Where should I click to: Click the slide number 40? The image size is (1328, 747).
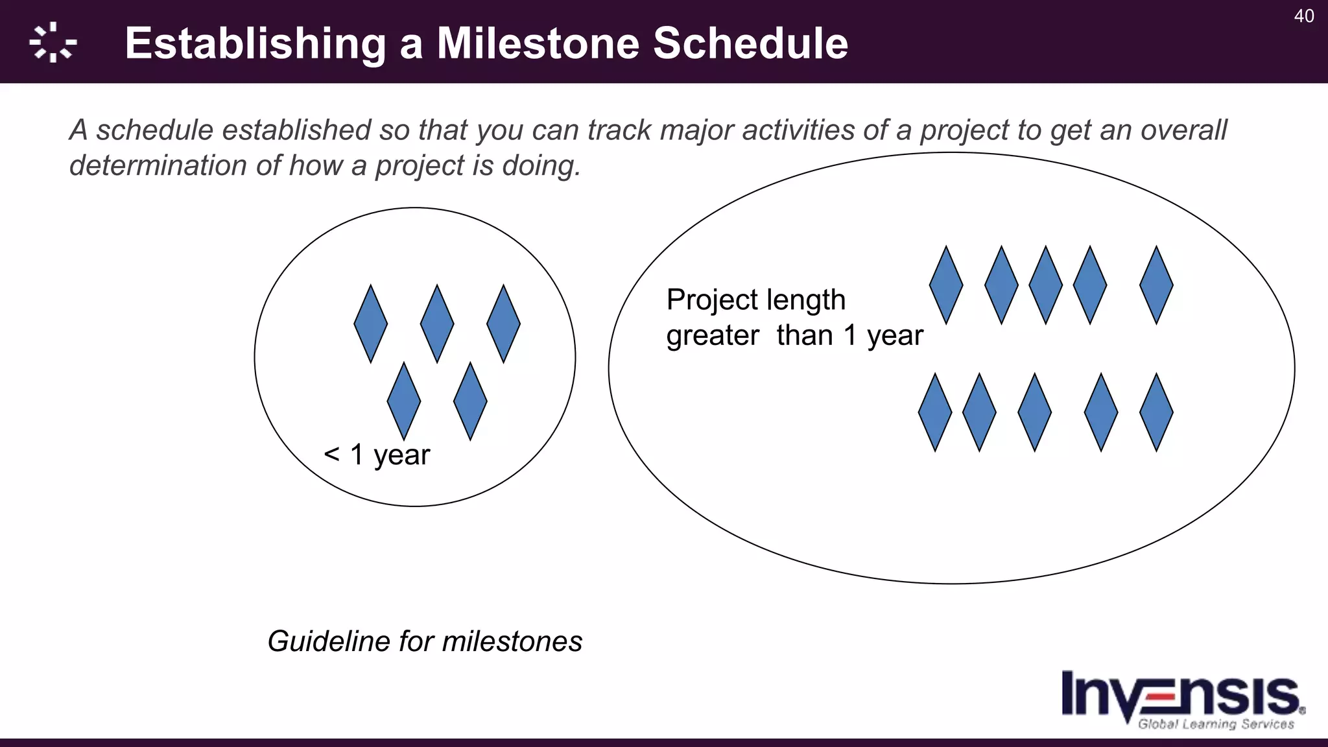(x=1303, y=16)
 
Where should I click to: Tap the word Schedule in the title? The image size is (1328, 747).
(x=750, y=43)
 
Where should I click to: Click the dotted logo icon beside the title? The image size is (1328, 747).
(x=53, y=43)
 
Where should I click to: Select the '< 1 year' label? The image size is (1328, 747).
(x=377, y=455)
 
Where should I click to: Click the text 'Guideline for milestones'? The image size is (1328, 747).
(x=425, y=641)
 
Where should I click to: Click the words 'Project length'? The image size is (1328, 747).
(x=756, y=300)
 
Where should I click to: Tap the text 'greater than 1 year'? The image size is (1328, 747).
(x=794, y=335)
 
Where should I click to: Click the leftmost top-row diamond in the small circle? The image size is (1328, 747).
(x=371, y=324)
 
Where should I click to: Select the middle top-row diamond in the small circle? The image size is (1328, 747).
(x=437, y=324)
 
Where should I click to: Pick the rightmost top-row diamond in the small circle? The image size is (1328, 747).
(x=503, y=324)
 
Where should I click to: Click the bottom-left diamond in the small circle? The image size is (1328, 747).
(x=404, y=401)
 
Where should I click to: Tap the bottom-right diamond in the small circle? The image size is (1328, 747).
(x=470, y=401)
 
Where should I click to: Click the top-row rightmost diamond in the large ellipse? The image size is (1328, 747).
(x=1156, y=285)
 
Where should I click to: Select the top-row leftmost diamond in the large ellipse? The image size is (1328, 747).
(x=946, y=285)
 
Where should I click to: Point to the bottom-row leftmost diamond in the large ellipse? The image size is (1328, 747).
(x=935, y=412)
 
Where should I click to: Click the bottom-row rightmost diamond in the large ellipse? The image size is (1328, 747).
(x=1156, y=412)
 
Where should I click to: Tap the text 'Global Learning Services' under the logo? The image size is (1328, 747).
(x=1216, y=724)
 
